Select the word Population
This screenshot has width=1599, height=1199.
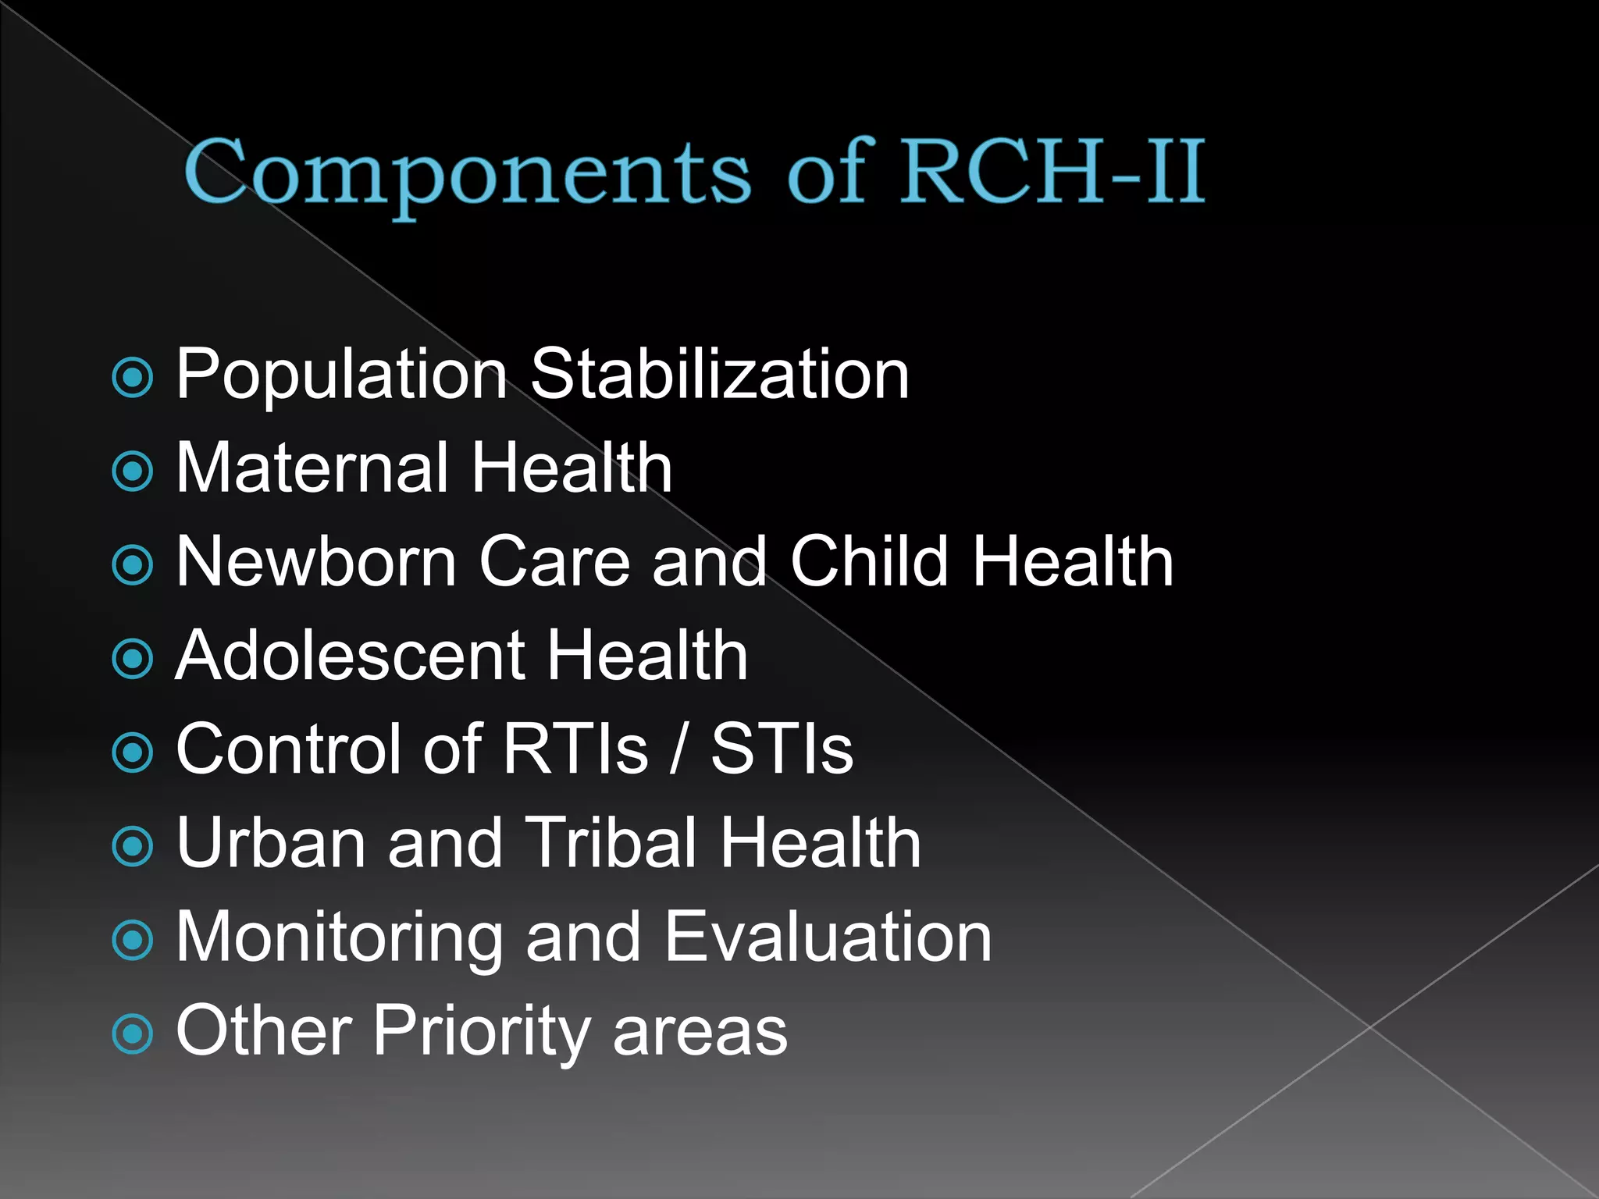[342, 375]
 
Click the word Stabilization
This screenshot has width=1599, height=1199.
[720, 374]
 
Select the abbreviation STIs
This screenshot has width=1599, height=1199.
[782, 749]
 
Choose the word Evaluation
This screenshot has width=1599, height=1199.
[828, 937]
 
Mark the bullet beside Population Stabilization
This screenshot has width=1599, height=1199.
[133, 378]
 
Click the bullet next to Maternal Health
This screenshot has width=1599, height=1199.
[133, 471]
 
